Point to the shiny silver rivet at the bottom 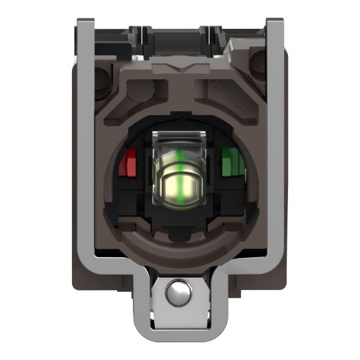(x=177, y=295)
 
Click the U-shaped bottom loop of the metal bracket (x=178, y=331)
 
